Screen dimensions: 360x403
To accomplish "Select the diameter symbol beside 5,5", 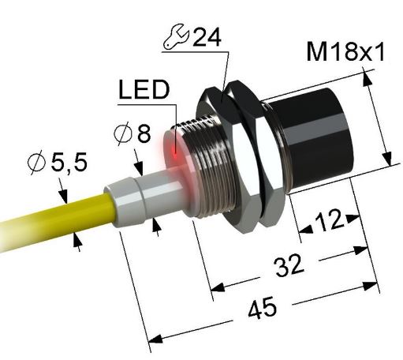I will pyautogui.click(x=35, y=163).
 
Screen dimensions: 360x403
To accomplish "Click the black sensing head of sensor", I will pyautogui.click(x=315, y=142).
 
